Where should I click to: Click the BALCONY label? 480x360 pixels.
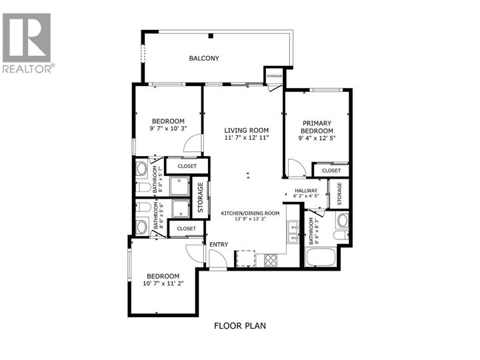pos(204,59)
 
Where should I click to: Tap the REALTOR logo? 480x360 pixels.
pos(27,43)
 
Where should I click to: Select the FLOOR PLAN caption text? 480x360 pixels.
pos(239,326)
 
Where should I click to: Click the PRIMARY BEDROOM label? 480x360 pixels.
pos(317,127)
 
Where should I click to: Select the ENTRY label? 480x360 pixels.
pos(219,245)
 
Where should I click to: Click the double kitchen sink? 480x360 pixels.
pos(292,231)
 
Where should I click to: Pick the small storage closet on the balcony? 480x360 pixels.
pos(274,76)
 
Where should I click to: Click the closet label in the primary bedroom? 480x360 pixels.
pos(331,171)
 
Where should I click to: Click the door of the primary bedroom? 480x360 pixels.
pos(297,169)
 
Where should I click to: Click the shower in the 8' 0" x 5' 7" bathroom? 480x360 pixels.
pos(179,186)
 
